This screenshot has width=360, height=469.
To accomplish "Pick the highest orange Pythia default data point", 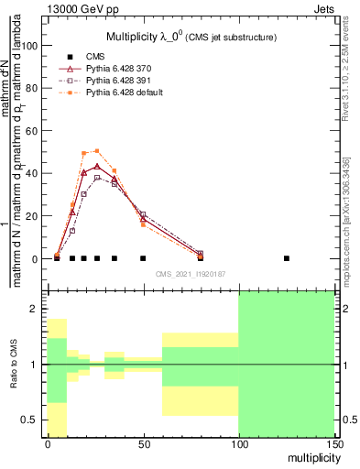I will point(96,151).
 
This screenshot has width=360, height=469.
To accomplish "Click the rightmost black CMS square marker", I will point(287,258).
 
